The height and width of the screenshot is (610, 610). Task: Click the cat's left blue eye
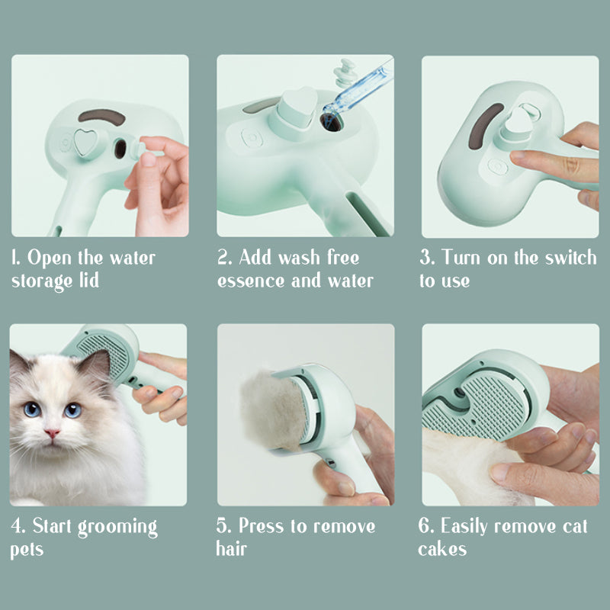tap(32, 409)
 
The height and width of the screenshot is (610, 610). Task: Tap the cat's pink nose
tap(51, 433)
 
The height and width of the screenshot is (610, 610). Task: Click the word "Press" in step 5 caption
tap(268, 527)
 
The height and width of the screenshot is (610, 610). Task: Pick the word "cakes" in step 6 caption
tap(442, 549)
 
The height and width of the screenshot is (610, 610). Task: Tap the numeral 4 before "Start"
tap(15, 527)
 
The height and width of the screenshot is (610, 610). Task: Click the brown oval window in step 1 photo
tap(101, 117)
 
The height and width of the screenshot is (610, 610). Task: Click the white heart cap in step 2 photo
tap(297, 108)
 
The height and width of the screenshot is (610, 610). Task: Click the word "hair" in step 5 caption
tap(232, 549)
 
